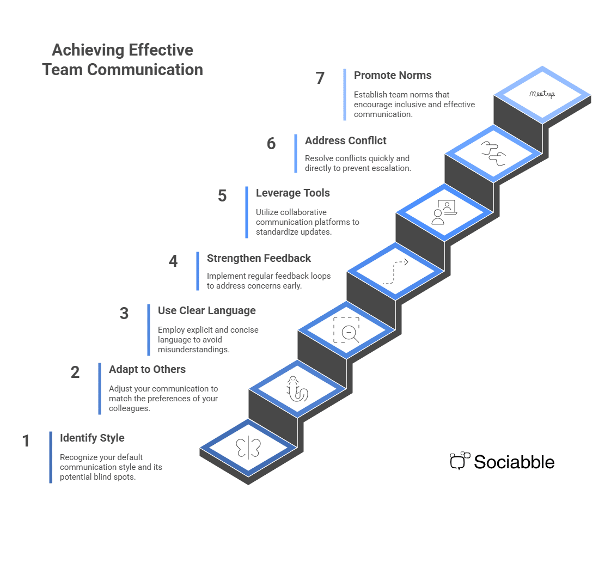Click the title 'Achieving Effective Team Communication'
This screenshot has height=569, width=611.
(x=123, y=60)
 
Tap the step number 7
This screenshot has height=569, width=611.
(x=320, y=78)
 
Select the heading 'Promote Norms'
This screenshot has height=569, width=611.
(x=392, y=76)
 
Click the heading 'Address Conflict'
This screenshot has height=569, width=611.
(x=345, y=141)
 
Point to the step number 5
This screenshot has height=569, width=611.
(x=222, y=196)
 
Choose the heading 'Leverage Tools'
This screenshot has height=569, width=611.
(x=292, y=193)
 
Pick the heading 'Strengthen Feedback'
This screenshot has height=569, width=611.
(x=259, y=259)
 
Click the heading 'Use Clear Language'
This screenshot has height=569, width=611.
(x=206, y=311)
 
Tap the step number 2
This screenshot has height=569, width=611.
(x=75, y=372)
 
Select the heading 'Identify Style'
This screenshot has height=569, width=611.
(x=92, y=438)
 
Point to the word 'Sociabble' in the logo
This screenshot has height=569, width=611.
(x=514, y=462)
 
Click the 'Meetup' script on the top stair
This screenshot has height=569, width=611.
(x=542, y=94)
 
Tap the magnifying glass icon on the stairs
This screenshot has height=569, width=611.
(x=348, y=331)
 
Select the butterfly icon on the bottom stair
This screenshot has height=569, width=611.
(x=248, y=448)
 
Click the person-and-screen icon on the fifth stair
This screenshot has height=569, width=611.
(x=443, y=212)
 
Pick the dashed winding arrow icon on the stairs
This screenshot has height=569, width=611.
(x=395, y=271)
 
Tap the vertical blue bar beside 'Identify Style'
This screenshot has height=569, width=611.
(x=51, y=457)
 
